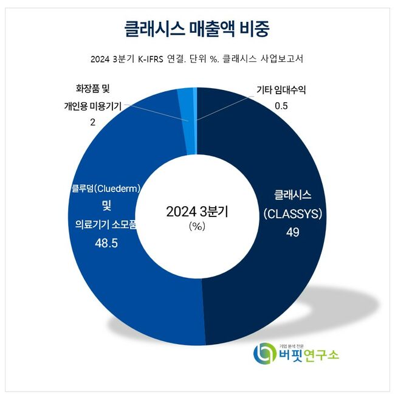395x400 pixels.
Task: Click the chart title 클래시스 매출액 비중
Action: (197, 29)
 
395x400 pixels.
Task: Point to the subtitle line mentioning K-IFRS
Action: (197, 60)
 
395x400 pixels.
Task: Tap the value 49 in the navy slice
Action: (293, 232)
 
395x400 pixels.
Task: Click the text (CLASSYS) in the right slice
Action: (293, 214)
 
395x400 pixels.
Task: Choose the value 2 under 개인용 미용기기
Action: (92, 122)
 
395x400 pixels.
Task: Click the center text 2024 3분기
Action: (197, 212)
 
